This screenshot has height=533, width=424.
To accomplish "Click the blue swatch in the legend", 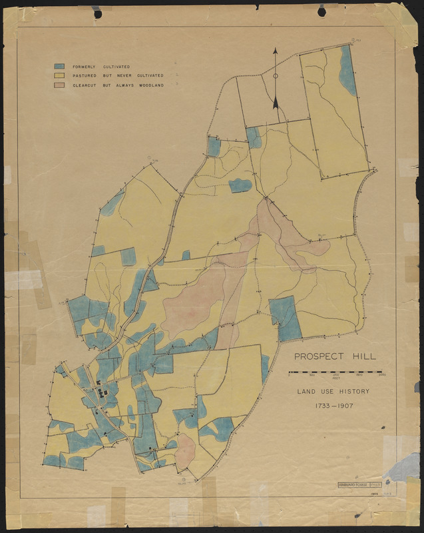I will (60, 67).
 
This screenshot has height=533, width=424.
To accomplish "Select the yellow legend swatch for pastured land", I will (60, 76).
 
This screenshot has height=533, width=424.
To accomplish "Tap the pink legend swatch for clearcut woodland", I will (60, 85).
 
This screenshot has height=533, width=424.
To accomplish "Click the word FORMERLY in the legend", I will (83, 67).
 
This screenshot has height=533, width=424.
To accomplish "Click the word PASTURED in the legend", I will (84, 76).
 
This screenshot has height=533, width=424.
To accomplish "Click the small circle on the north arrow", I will (275, 76).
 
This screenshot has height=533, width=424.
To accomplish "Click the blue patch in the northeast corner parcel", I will (347, 70).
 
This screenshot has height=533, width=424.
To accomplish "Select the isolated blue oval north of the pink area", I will (240, 185).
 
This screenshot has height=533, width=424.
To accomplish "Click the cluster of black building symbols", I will (103, 391).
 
